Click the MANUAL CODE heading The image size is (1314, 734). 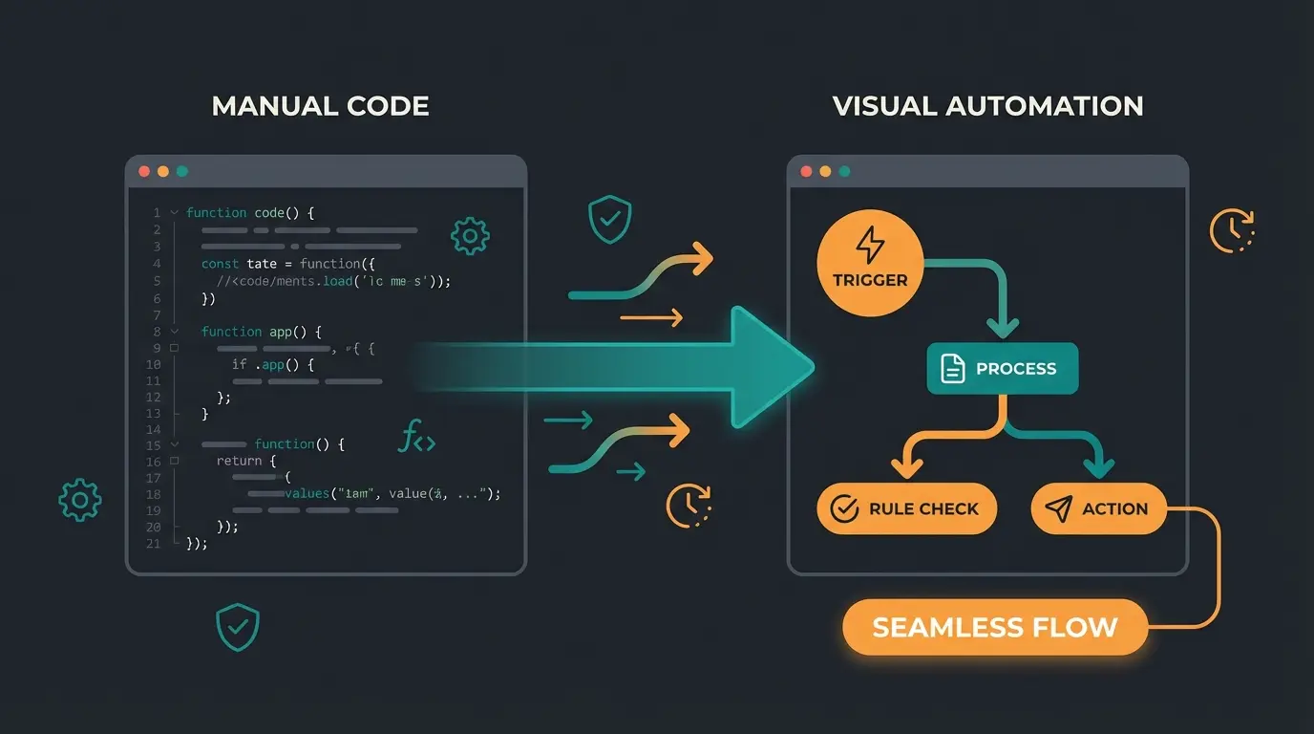click(320, 105)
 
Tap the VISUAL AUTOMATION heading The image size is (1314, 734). click(987, 105)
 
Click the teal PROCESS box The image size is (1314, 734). click(1002, 369)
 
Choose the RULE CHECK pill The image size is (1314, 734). click(906, 509)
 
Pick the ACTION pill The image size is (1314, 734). click(1098, 509)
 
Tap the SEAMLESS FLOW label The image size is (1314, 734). click(994, 628)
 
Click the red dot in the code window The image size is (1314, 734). click(144, 172)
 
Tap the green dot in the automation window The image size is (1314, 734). click(844, 172)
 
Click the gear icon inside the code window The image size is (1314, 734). click(470, 235)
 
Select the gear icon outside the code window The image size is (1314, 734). click(80, 500)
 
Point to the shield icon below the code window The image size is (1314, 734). click(238, 626)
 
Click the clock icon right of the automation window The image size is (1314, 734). click(1232, 230)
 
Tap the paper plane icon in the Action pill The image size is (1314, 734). click(1059, 509)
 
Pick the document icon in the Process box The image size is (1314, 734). click(953, 369)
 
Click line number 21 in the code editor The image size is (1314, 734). click(153, 544)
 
